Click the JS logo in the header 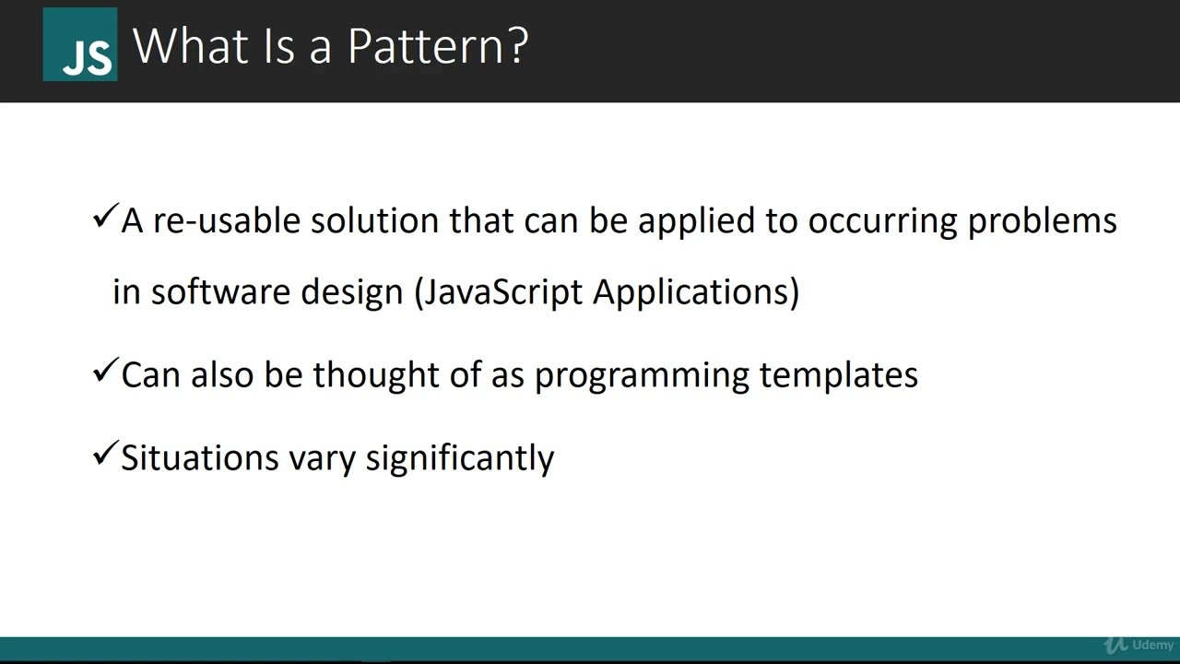[80, 44]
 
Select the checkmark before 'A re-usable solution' [105, 219]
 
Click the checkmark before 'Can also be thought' [105, 373]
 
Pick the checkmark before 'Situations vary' [105, 454]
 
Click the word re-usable [226, 221]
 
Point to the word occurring [882, 221]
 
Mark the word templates [838, 374]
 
